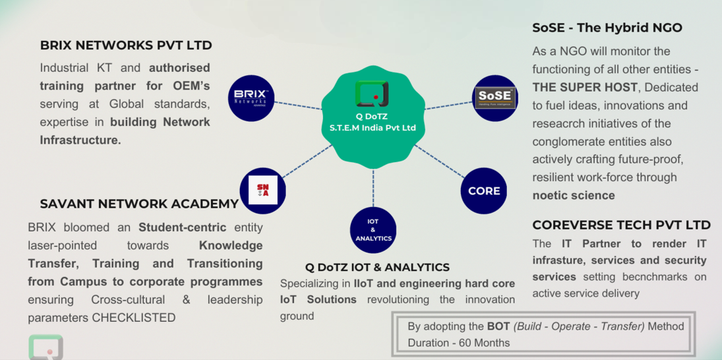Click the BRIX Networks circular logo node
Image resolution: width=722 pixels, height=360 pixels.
click(x=251, y=98)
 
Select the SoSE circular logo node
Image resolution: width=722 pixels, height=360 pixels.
click(x=496, y=98)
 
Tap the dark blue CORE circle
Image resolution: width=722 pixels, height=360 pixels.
click(x=484, y=191)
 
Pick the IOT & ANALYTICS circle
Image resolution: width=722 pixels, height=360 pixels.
click(x=373, y=229)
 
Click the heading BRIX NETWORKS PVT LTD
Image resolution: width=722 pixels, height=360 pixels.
click(x=126, y=45)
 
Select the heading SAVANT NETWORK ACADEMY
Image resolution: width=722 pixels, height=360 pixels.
click(x=139, y=204)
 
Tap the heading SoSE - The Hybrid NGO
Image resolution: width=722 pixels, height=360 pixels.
click(x=607, y=28)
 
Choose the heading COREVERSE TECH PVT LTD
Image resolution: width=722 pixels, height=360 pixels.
click(x=621, y=225)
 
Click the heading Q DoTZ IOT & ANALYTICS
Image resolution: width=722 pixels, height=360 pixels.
click(x=377, y=267)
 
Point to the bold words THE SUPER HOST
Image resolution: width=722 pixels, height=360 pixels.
click(x=585, y=87)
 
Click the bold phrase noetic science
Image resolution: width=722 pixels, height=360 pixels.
click(x=574, y=195)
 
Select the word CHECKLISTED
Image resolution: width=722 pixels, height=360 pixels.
click(x=134, y=318)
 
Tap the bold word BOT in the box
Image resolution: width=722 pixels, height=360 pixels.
click(x=498, y=326)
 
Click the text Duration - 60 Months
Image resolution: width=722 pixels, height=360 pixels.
click(x=458, y=343)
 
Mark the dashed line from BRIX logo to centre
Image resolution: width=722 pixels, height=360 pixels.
click(x=298, y=104)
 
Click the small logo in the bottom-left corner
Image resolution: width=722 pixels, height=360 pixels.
click(x=45, y=347)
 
